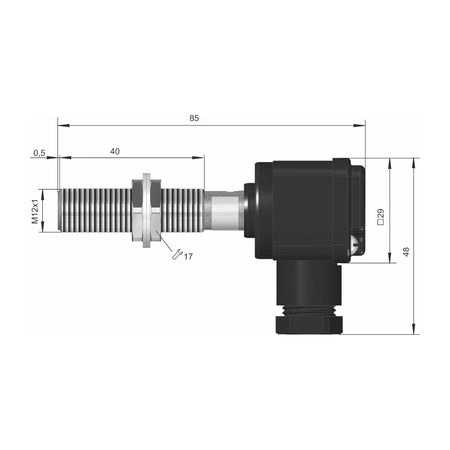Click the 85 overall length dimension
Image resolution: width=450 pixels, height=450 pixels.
194,118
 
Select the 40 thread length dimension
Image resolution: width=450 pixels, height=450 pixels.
115,151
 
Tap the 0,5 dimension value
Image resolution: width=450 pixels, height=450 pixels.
39,153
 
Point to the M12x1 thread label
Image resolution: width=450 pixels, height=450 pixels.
35,211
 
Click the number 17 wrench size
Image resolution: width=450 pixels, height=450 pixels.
188,256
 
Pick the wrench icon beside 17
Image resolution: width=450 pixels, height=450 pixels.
177,255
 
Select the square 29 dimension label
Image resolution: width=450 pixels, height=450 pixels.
381,217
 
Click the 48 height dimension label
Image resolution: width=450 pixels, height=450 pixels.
406,251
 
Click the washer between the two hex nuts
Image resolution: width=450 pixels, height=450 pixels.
146,210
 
